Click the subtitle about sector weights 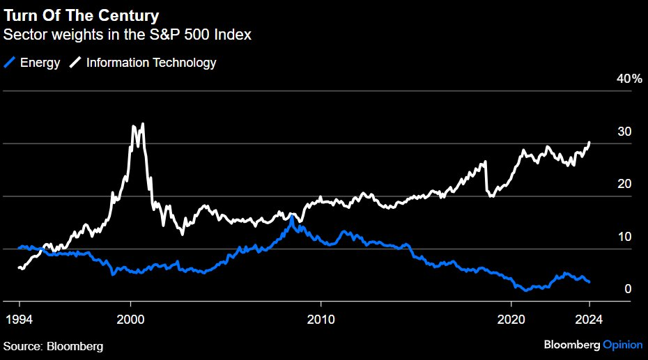128,33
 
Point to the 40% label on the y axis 629,79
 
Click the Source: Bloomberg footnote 53,346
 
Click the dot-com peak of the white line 143,125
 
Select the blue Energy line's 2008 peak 292,217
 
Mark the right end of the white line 589,143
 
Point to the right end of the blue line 589,282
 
